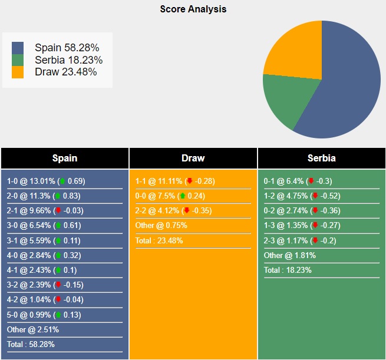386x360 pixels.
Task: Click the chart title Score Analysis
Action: (193, 9)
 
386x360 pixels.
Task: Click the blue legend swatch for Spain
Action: (18, 48)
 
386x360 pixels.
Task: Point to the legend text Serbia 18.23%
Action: (68, 60)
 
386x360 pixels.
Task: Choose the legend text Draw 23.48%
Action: (65, 72)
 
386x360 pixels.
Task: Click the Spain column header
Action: (65, 158)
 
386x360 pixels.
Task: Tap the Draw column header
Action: (193, 158)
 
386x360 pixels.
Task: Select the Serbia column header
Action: (322, 158)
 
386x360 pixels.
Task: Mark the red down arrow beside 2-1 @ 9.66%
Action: (58, 211)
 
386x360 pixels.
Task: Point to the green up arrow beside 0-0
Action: (182, 196)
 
